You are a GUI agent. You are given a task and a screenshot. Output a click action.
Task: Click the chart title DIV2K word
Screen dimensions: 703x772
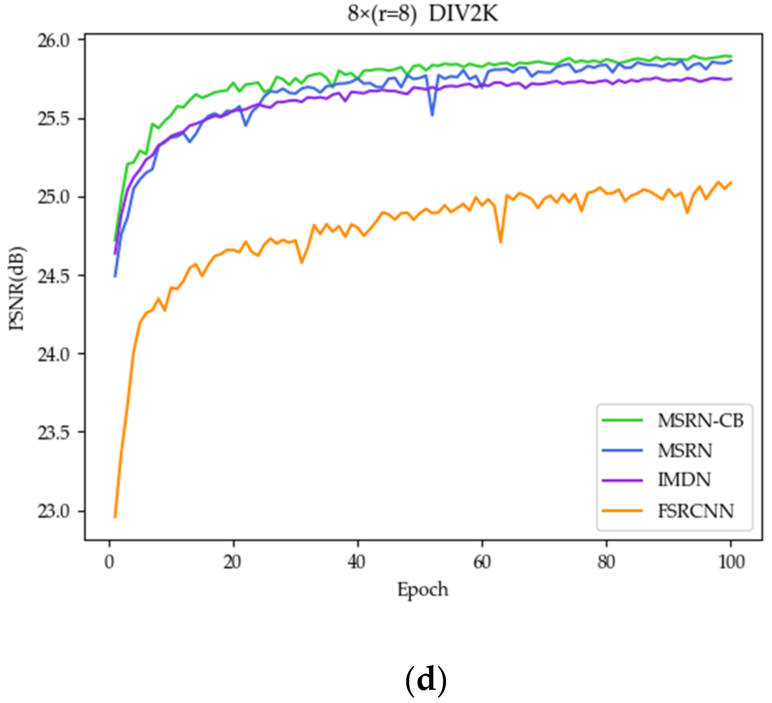click(463, 14)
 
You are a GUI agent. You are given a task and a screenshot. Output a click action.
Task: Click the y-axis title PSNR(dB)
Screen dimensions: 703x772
click(17, 288)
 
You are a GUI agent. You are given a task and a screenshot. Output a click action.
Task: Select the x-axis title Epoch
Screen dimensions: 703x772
click(422, 590)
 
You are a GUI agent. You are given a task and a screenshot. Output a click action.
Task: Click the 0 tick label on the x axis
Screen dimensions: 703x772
click(109, 562)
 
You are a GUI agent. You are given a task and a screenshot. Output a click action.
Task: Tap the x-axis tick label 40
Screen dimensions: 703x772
click(357, 562)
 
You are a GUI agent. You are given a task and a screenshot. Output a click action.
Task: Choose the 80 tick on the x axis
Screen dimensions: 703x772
click(606, 562)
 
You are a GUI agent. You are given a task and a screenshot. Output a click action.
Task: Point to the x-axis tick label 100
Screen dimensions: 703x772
click(731, 562)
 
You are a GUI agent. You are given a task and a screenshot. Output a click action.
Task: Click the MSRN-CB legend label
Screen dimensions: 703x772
click(700, 421)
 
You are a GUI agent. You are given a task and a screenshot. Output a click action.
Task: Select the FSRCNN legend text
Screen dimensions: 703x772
click(695, 511)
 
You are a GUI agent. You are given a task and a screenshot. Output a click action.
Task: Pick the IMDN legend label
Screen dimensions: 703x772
click(684, 480)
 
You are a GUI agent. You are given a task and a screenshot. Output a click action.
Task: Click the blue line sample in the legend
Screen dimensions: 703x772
click(622, 450)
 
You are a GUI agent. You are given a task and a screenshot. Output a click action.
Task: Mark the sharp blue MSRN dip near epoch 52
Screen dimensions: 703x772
click(432, 115)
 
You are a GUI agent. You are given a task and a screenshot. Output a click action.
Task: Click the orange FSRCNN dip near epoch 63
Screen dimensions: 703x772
click(501, 242)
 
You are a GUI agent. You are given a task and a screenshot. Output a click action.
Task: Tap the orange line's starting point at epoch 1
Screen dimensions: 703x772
click(115, 517)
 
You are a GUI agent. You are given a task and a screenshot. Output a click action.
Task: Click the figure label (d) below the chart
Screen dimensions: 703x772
click(426, 680)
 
